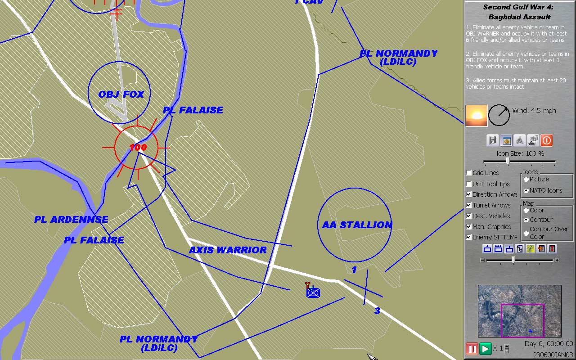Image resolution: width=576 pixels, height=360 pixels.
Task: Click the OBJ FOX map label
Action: (121, 94)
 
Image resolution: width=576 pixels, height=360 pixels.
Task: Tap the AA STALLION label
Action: (357, 225)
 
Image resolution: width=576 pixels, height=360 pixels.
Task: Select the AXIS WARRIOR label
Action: (228, 250)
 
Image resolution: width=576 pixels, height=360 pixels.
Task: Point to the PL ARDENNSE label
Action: (71, 220)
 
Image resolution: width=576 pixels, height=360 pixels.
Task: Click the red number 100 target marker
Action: (138, 147)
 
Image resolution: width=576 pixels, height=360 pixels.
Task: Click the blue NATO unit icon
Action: (313, 292)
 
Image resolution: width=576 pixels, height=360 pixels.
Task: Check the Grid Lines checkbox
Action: (469, 173)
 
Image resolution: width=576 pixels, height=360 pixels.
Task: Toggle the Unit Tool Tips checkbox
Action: (469, 184)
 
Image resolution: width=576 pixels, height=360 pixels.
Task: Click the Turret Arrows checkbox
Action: (469, 205)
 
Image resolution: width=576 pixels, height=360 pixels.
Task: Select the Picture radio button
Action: (526, 179)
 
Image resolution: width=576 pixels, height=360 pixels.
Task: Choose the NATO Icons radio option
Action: (526, 190)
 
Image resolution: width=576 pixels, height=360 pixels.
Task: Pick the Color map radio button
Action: (526, 210)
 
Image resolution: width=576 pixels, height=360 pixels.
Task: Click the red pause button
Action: (472, 349)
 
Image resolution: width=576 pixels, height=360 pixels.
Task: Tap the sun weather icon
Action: (476, 116)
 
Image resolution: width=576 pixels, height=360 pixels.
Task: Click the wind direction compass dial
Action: (499, 116)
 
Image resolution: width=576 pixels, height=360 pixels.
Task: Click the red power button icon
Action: (546, 140)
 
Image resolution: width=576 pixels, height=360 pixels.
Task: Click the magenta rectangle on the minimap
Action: (522, 320)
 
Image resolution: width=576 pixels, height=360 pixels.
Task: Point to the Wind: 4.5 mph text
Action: (534, 111)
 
